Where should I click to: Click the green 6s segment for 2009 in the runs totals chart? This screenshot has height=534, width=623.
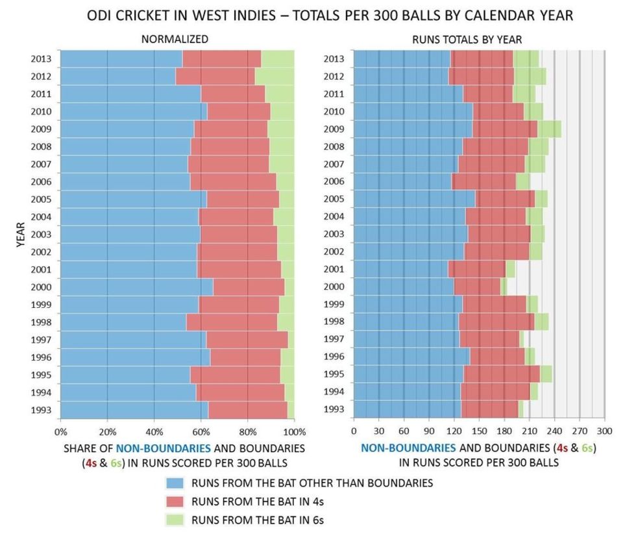click(x=549, y=129)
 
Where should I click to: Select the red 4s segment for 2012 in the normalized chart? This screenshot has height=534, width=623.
click(x=215, y=77)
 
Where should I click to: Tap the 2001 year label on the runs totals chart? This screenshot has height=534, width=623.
click(x=334, y=269)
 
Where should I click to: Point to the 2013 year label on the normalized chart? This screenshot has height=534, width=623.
click(x=41, y=59)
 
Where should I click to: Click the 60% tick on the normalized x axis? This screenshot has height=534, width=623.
click(x=201, y=432)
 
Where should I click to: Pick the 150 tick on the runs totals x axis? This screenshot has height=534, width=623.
click(x=479, y=431)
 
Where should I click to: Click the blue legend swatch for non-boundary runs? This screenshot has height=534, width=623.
click(x=175, y=483)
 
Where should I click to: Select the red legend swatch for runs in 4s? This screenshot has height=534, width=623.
click(x=175, y=502)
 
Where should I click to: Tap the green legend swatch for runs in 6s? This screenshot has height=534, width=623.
click(x=175, y=520)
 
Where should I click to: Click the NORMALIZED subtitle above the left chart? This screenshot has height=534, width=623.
click(x=175, y=39)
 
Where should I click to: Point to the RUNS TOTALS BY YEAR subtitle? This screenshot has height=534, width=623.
click(x=467, y=40)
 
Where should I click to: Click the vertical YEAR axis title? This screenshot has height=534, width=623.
click(x=21, y=235)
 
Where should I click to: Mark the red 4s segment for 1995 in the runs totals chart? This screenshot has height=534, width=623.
click(x=502, y=374)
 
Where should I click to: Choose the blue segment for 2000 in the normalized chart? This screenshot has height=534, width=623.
click(x=137, y=287)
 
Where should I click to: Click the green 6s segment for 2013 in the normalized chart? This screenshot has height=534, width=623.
click(x=278, y=59)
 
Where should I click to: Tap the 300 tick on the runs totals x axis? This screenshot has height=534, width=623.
click(x=605, y=431)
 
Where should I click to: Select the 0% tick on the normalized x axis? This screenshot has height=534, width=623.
click(x=61, y=432)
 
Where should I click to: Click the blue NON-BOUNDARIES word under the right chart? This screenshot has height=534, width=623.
click(x=408, y=448)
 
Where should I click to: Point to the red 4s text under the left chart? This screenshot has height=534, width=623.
click(x=91, y=464)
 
